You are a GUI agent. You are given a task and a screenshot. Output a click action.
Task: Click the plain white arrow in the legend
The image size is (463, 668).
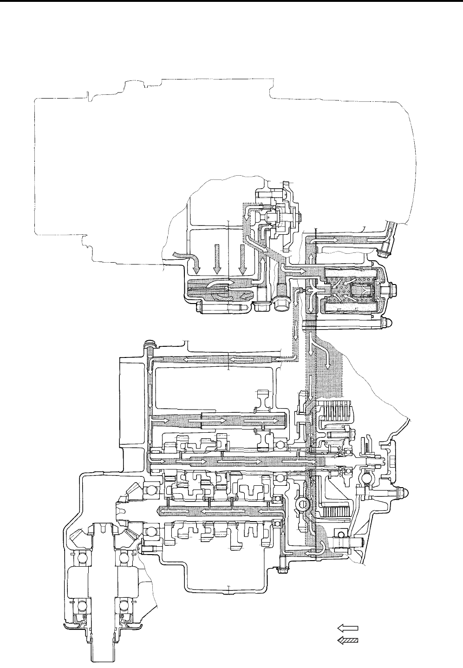pos(347,628)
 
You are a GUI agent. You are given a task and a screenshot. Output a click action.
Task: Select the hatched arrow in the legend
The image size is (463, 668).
pos(347,640)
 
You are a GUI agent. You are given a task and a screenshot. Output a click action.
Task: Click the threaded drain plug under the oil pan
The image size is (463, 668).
pos(280,302)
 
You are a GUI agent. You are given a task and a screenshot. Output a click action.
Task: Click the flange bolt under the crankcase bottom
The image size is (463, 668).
pos(280,569)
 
